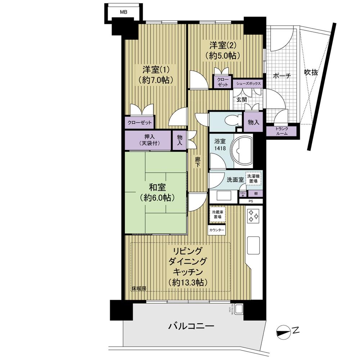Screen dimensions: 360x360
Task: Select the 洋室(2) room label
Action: pyautogui.click(x=223, y=50)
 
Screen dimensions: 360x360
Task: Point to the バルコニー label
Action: pyautogui.click(x=191, y=327)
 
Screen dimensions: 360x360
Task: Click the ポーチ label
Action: pyautogui.click(x=282, y=76)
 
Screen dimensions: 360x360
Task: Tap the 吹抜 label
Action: pyautogui.click(x=311, y=72)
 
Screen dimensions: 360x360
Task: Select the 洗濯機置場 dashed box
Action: pyautogui.click(x=253, y=179)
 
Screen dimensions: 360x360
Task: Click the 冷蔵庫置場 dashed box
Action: pyautogui.click(x=217, y=215)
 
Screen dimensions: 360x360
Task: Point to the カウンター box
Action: pyautogui.click(x=217, y=230)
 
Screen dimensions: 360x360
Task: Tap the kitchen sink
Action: pyautogui.click(x=254, y=246)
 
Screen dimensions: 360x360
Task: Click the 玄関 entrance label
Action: pyautogui.click(x=241, y=100)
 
